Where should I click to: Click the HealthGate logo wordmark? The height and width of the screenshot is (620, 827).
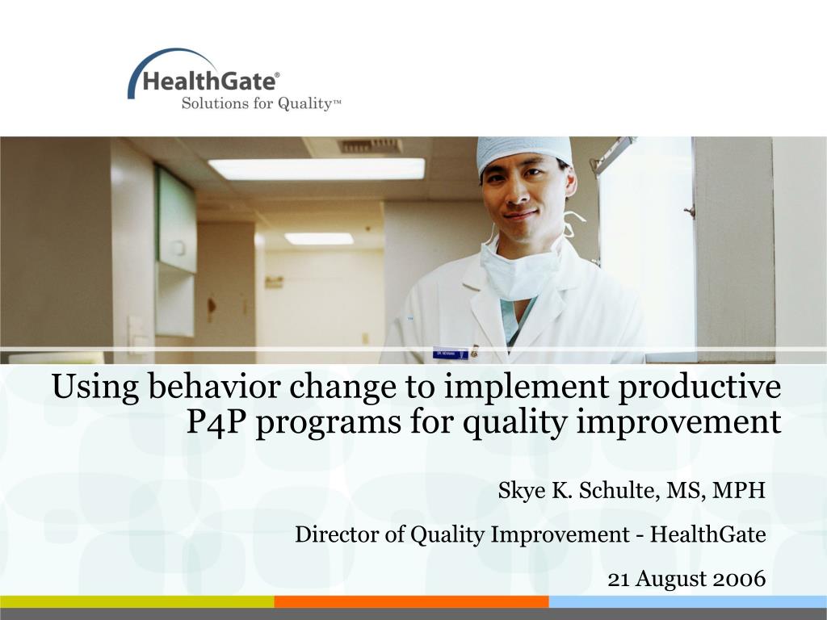[209, 82]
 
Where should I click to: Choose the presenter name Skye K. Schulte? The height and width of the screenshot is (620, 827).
[577, 490]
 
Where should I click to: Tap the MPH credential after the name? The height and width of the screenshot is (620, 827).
[738, 490]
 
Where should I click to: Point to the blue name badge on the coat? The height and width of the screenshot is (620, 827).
[451, 354]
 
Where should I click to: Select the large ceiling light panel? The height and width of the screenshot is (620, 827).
[317, 169]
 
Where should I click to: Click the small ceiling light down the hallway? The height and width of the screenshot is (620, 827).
[319, 239]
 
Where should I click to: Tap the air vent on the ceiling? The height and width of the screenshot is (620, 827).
[370, 145]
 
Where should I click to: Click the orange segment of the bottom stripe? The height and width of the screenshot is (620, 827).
[411, 601]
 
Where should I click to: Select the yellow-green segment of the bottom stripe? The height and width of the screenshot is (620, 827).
[137, 601]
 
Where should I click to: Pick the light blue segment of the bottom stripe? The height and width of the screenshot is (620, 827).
[688, 601]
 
